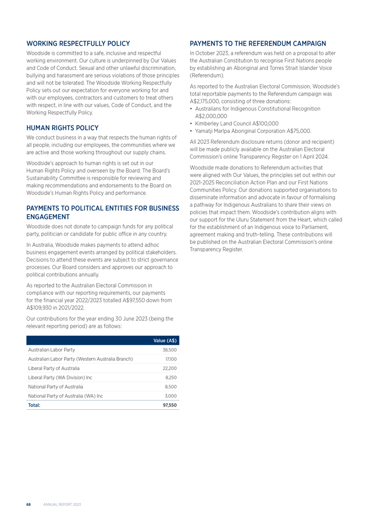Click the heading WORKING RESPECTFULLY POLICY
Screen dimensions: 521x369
78,43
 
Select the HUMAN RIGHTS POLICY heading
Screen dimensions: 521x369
62,128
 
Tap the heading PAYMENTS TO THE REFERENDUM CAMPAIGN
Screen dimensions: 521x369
258,43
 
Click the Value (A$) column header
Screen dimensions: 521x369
165,340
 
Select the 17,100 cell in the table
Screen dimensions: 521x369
171,359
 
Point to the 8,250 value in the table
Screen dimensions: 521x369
171,377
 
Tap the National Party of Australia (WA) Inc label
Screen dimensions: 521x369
65,396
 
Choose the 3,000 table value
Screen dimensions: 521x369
171,396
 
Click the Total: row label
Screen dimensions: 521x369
34,405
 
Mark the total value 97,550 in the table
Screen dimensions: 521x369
170,405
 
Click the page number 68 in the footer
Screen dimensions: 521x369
28,505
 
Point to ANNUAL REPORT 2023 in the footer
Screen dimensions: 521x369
62,505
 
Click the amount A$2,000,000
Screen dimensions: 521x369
214,116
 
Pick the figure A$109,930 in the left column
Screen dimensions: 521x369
42,307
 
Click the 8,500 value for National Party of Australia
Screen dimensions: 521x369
171,386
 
